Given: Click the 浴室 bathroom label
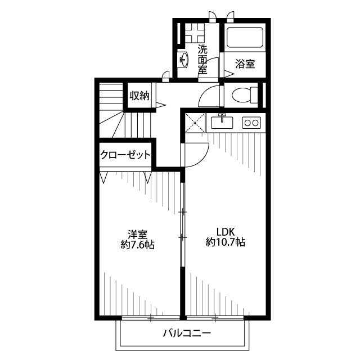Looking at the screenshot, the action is [x=245, y=64].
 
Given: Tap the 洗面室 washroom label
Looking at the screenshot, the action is [x=202, y=59].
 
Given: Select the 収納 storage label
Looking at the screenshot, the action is [x=139, y=96].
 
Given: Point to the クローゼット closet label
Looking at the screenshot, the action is [x=125, y=155].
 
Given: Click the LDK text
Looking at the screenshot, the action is [x=226, y=232].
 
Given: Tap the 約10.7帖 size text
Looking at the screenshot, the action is [x=226, y=242].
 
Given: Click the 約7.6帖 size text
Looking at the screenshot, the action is [x=137, y=245].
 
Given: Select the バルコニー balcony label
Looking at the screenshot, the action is [x=187, y=333].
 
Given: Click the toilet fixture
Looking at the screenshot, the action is [x=245, y=94].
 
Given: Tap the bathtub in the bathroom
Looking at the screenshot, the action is [x=245, y=38].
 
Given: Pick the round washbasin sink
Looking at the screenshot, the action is [x=184, y=60].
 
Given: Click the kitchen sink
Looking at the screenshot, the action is [x=222, y=122].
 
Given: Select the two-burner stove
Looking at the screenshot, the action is [x=251, y=123].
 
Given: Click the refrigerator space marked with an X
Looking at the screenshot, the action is [x=195, y=123].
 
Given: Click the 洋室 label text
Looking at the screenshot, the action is [x=137, y=235].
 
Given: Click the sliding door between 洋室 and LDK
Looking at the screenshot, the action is [x=182, y=224].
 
